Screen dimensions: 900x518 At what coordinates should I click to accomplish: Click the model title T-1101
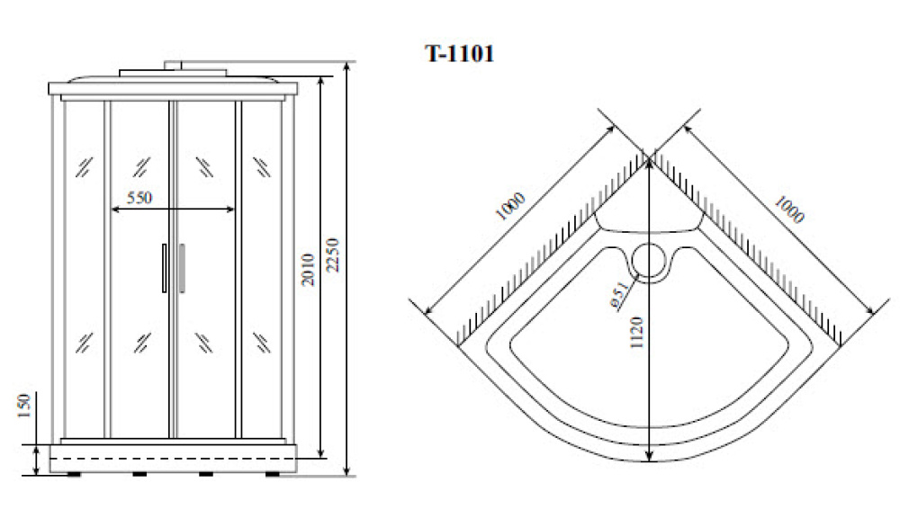click(x=459, y=53)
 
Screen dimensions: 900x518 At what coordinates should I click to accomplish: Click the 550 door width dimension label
click(x=139, y=198)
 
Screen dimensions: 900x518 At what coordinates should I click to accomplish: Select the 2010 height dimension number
click(x=308, y=270)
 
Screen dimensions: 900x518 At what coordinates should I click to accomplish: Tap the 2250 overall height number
click(x=332, y=255)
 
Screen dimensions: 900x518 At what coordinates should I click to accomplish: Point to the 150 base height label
click(x=24, y=406)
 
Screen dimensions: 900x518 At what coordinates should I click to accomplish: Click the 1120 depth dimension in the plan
click(x=636, y=333)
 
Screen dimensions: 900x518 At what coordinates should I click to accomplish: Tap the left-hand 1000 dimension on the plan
click(x=510, y=207)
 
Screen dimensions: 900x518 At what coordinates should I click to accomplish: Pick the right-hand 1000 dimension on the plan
click(x=789, y=210)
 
